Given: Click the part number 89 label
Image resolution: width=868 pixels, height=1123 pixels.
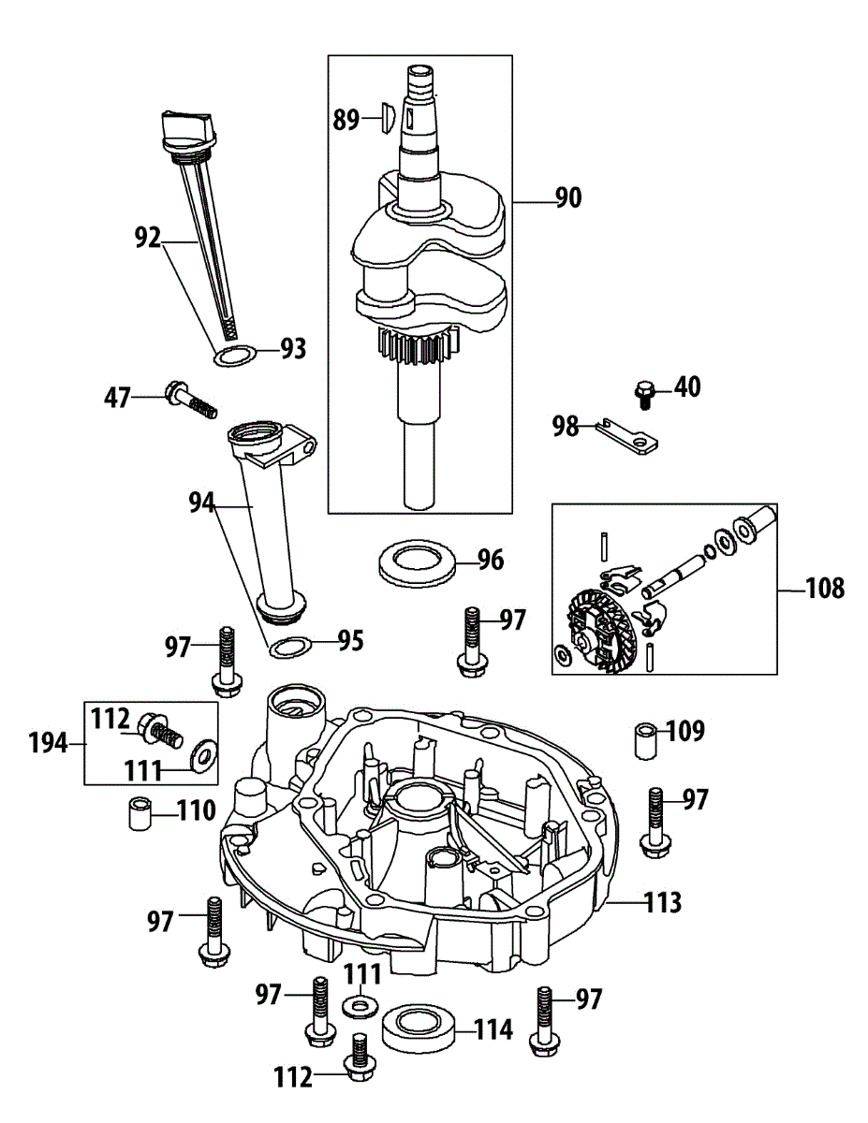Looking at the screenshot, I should [346, 119].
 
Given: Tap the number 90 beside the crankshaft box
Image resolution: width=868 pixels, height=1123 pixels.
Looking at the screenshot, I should [567, 197].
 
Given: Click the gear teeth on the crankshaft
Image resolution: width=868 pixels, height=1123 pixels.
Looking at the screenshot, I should [419, 348].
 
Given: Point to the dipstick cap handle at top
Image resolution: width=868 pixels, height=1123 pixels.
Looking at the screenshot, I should [188, 124].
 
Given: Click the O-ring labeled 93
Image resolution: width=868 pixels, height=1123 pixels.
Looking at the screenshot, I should [235, 357].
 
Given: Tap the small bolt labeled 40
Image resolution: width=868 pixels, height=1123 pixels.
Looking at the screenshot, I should [644, 391].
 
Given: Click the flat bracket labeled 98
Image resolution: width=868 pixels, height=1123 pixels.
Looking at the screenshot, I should [631, 436].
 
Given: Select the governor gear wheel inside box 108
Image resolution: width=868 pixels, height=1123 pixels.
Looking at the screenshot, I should [603, 629].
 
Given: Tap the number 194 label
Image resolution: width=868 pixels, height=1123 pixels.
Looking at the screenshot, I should [48, 744].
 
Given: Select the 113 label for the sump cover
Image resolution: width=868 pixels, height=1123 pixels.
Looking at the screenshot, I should [662, 903].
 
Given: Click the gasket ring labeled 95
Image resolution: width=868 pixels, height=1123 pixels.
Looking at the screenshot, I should [291, 647].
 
